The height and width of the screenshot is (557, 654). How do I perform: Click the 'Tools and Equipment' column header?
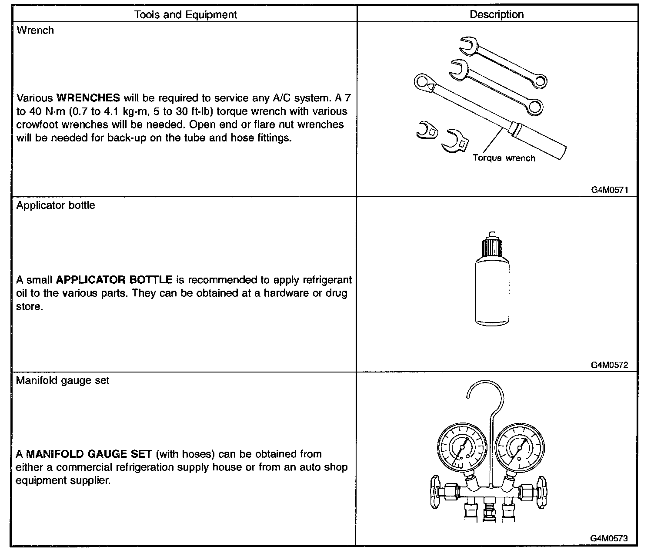click(x=186, y=15)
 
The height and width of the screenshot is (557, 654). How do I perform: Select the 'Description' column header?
click(x=497, y=15)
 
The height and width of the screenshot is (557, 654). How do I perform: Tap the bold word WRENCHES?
click(x=88, y=97)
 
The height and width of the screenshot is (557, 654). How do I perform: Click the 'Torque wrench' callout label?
click(x=504, y=158)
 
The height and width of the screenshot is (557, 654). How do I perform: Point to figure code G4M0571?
click(x=609, y=190)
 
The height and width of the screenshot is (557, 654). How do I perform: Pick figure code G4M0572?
click(x=609, y=365)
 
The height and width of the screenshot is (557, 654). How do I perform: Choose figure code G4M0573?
click(x=609, y=538)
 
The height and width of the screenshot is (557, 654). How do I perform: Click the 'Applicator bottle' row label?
click(x=56, y=205)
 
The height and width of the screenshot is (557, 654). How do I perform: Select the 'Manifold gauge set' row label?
click(x=63, y=380)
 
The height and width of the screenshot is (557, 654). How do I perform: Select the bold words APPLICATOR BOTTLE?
click(x=114, y=279)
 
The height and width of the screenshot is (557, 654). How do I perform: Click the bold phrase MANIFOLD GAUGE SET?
click(x=89, y=454)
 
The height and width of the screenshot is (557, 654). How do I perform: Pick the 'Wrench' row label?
click(x=35, y=30)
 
